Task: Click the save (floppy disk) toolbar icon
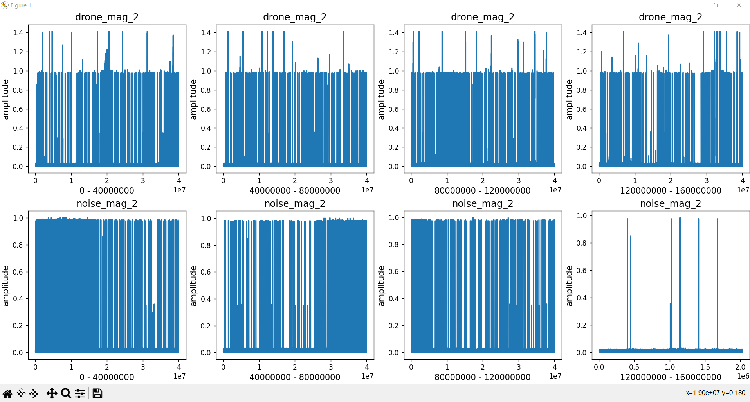[x=97, y=393]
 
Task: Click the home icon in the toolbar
[x=7, y=393]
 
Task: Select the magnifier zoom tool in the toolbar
[x=66, y=393]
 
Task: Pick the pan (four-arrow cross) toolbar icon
[x=52, y=393]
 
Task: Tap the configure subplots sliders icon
[x=80, y=393]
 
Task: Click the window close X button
[x=739, y=5]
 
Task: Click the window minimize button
[x=693, y=5]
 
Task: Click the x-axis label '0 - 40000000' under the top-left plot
[x=106, y=190]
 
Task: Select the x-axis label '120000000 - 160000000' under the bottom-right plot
[x=670, y=377]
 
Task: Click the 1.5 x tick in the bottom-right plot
[x=705, y=367]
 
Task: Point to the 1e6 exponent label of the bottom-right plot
[x=743, y=376]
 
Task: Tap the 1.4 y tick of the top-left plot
[x=18, y=32]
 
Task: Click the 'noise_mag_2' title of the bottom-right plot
[x=670, y=203]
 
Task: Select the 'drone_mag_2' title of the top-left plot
[x=106, y=17]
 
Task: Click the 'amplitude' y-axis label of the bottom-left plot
[x=5, y=286]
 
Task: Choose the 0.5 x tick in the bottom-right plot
[x=634, y=367]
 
